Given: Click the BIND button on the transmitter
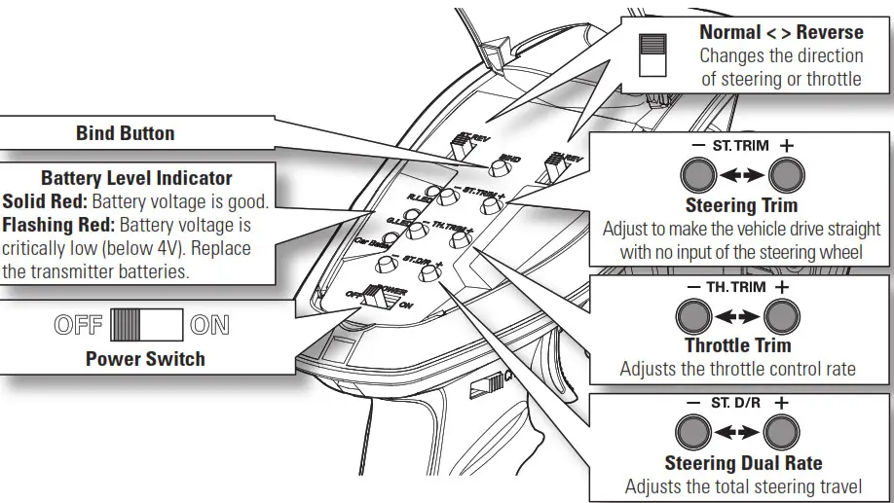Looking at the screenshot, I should click(498, 168).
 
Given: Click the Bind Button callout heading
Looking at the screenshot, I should click(126, 133).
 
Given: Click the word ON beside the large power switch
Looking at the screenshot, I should click(210, 325).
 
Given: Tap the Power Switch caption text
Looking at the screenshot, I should click(145, 359).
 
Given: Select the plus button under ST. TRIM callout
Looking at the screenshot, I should click(785, 176).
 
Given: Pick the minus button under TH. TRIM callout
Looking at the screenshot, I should click(692, 317).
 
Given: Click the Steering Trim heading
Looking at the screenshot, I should click(741, 205).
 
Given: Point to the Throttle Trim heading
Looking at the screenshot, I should click(737, 345).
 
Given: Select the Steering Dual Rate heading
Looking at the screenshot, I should click(743, 463).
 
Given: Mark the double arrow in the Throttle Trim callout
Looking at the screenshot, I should click(737, 317).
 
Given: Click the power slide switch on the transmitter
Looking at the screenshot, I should click(375, 297).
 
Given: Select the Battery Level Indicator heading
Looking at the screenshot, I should click(136, 178).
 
